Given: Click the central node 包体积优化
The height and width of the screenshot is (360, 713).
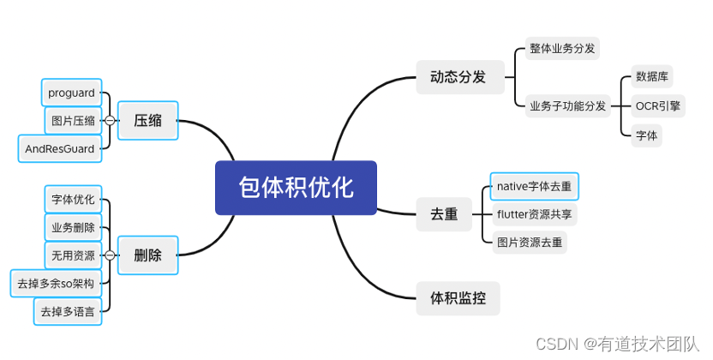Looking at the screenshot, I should (x=296, y=187).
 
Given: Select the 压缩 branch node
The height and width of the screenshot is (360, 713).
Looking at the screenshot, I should (x=147, y=121).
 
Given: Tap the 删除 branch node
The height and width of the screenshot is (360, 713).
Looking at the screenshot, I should (x=147, y=255).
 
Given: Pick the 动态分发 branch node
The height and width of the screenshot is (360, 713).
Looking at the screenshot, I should (x=458, y=77).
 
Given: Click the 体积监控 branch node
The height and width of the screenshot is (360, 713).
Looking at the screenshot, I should (x=458, y=299).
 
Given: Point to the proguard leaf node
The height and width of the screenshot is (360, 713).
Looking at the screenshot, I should (x=73, y=93).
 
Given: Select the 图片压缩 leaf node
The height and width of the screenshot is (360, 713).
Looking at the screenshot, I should (x=73, y=120).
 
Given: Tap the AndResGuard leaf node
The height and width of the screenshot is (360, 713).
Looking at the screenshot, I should (x=60, y=148).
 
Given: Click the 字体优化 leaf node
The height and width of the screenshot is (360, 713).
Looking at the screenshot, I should (x=73, y=200).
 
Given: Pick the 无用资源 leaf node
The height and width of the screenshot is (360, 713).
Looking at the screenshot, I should (x=73, y=255).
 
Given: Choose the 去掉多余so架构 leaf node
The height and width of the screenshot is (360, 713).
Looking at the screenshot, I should (x=56, y=283).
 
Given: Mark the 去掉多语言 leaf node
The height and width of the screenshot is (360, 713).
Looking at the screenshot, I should (x=68, y=312).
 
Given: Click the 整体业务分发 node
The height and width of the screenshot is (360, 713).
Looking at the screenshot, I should (x=561, y=49).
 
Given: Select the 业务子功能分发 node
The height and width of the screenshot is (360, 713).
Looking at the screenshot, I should (x=567, y=106).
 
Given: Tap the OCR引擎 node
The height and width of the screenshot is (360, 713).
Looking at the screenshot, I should (x=657, y=106).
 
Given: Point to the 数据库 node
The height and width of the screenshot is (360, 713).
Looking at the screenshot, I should (x=652, y=76).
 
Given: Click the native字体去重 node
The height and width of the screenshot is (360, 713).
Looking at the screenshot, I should (x=533, y=186).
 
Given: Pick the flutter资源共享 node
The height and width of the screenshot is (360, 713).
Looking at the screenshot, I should (x=534, y=214).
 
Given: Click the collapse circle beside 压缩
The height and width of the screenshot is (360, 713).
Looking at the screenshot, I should (x=110, y=121).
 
